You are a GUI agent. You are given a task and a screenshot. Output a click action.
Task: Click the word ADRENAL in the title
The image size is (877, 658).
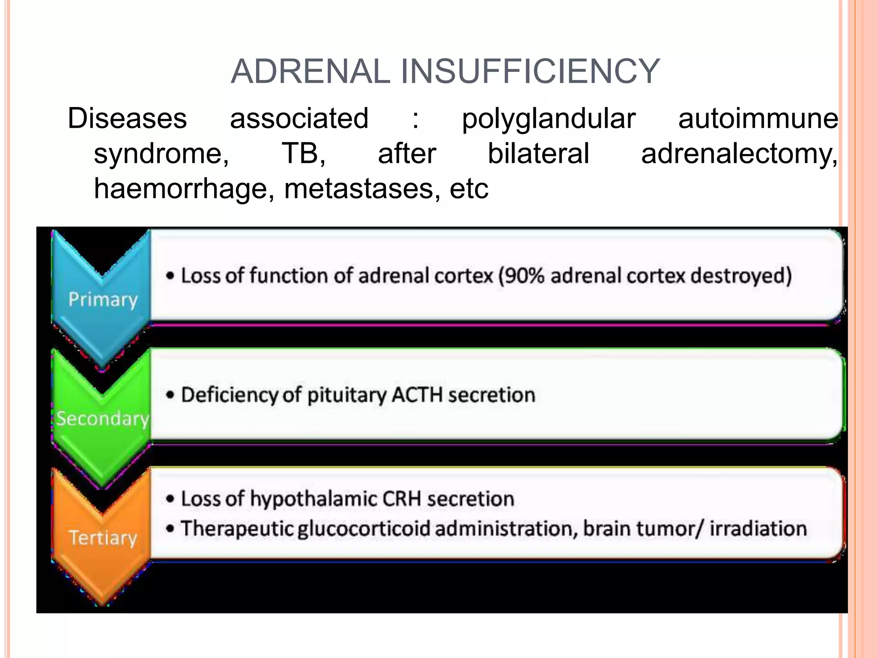tap(310, 72)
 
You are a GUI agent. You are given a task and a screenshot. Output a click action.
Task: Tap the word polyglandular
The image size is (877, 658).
tap(548, 119)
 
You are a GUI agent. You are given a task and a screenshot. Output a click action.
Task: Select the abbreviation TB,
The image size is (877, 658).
tap(303, 154)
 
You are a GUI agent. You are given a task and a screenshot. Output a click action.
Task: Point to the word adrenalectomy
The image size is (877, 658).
tap(739, 154)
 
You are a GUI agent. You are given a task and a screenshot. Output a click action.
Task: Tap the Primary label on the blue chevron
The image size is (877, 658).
tap(103, 299)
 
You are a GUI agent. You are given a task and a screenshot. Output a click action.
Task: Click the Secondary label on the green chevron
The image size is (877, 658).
tap(103, 419)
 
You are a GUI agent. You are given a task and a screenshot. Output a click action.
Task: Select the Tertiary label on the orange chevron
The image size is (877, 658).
tap(103, 538)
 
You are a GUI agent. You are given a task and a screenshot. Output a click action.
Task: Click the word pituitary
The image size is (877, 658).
tap(347, 395)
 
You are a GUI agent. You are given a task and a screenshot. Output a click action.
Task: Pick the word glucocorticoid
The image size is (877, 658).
tap(364, 529)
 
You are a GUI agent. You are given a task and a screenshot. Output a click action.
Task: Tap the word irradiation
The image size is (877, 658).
tap(758, 529)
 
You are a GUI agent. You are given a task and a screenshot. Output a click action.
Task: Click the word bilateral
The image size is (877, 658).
tap(538, 154)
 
